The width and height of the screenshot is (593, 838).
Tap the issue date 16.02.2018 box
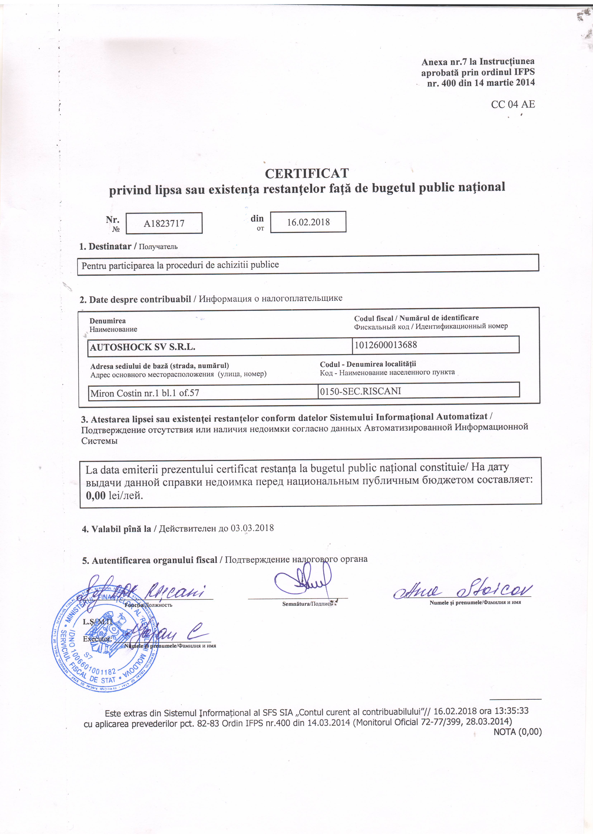point(308,222)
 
